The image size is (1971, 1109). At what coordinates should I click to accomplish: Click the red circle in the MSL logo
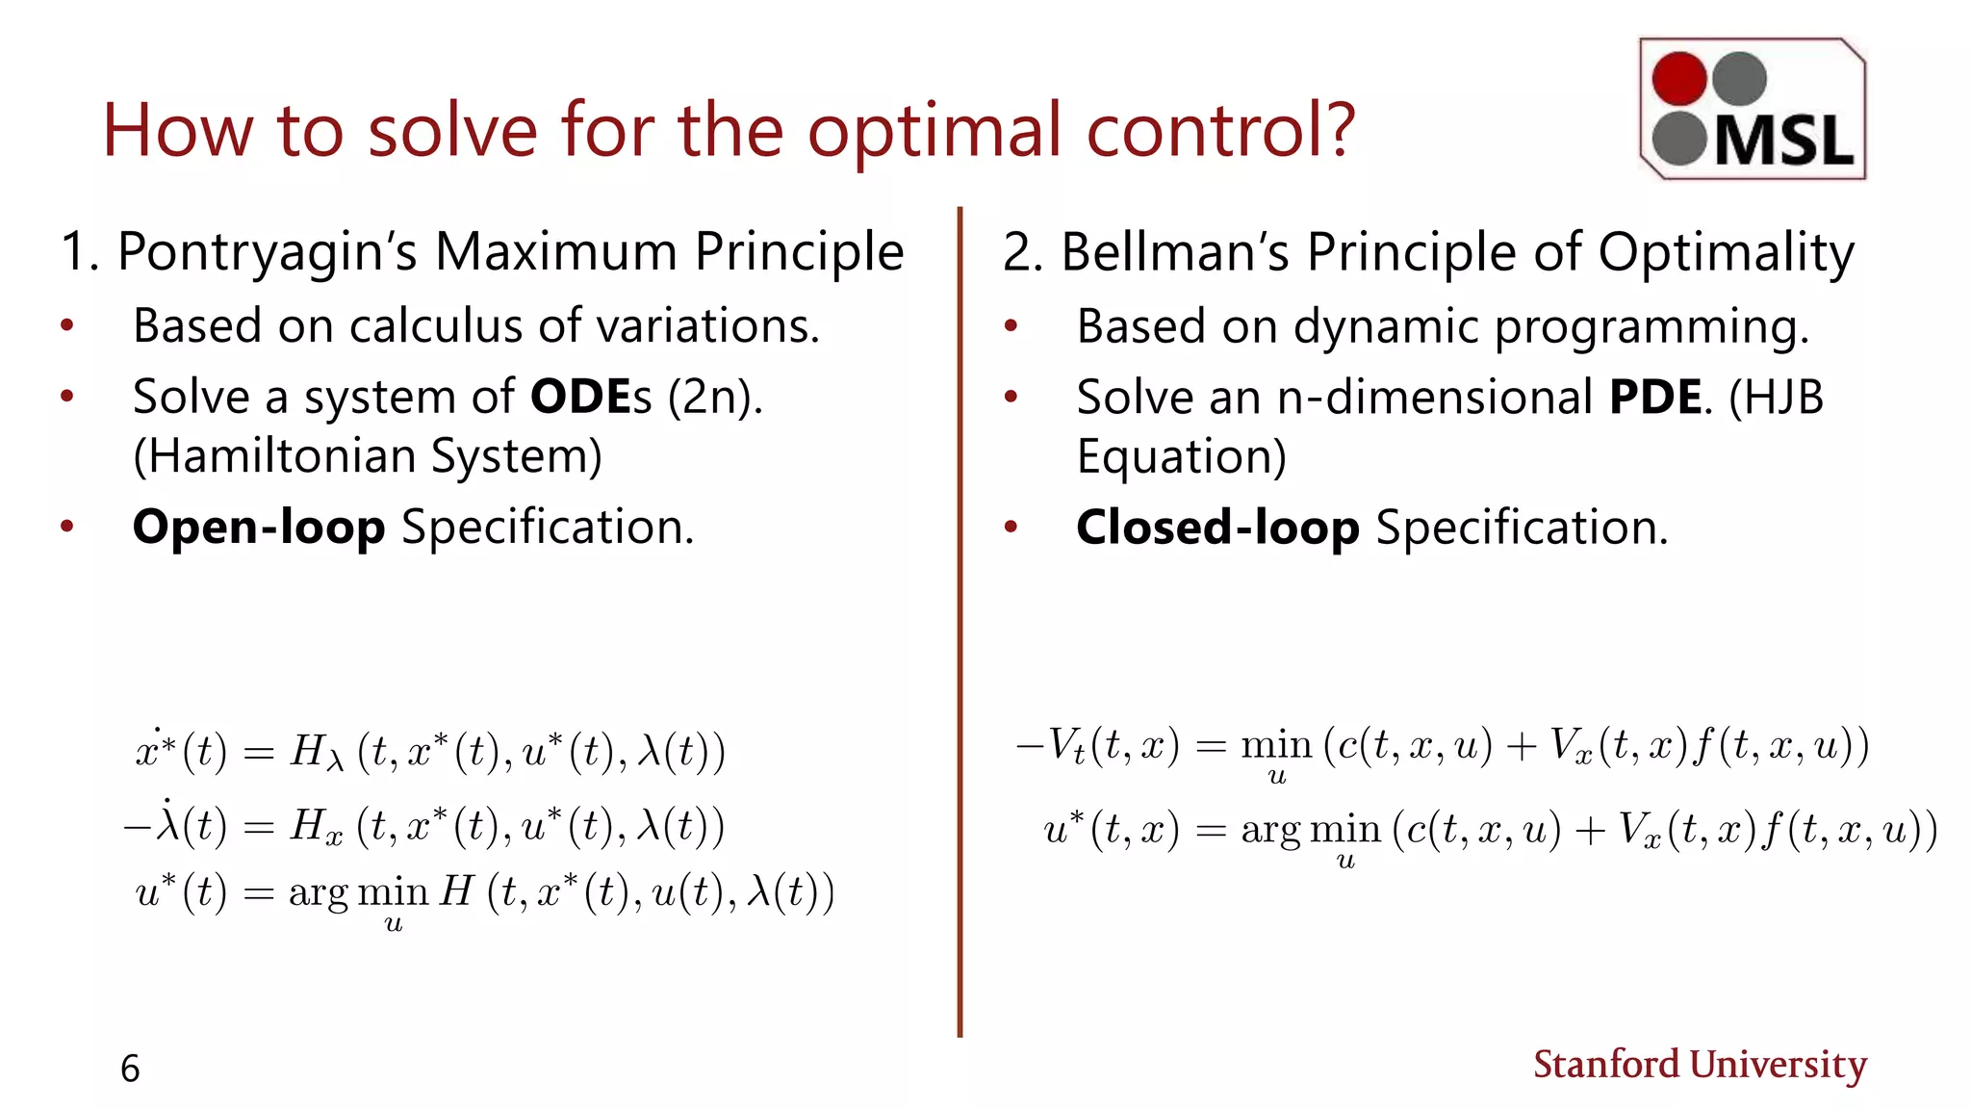[x=1679, y=78]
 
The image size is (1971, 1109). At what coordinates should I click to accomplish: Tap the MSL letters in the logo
[x=1783, y=142]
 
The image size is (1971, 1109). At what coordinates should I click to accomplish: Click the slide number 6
[x=130, y=1069]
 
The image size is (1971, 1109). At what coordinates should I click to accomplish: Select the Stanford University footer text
[x=1700, y=1065]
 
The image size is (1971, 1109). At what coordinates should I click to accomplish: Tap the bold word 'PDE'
[x=1655, y=397]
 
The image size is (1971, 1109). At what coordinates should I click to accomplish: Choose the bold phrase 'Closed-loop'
[x=1217, y=527]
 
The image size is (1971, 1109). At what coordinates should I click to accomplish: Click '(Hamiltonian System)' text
[x=368, y=456]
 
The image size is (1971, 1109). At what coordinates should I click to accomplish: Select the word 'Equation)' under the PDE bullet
[x=1181, y=456]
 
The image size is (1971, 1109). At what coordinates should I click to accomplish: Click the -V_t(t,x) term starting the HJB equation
[x=1097, y=746]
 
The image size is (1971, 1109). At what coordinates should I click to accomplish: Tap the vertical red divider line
[x=960, y=626]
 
